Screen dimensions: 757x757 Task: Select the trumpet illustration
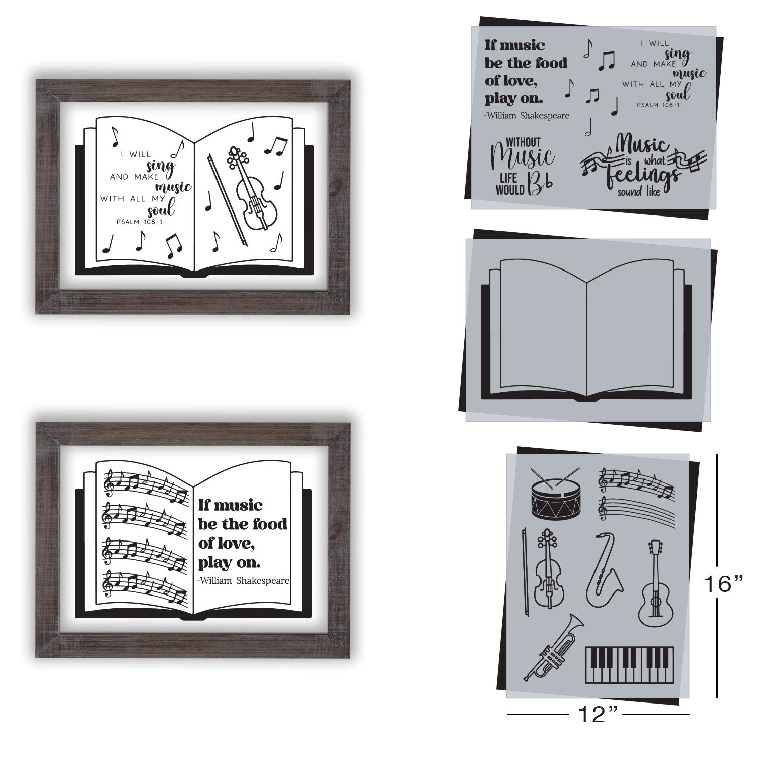[x=553, y=645]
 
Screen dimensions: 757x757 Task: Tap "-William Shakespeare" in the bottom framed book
[x=244, y=580]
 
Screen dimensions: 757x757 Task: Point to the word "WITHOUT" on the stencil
[x=523, y=143]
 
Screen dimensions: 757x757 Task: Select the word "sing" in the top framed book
[x=161, y=165]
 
